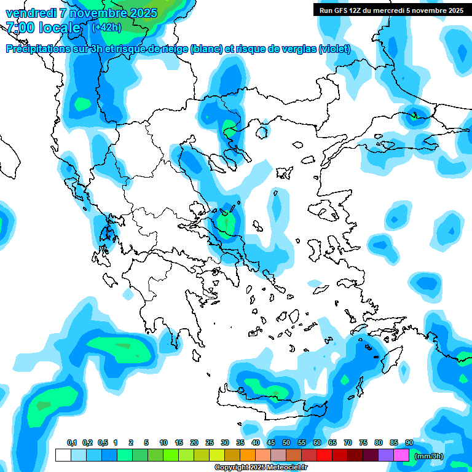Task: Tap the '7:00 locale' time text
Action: pyautogui.click(x=43, y=28)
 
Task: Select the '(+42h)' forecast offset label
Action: pyautogui.click(x=106, y=28)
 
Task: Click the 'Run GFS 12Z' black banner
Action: pyautogui.click(x=388, y=10)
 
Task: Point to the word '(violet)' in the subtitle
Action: pyautogui.click(x=334, y=49)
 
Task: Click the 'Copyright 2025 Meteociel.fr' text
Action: pyautogui.click(x=261, y=468)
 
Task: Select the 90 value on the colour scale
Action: pyautogui.click(x=409, y=443)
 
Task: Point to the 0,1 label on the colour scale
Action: pyautogui.click(x=72, y=443)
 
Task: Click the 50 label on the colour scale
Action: pyautogui.click(x=286, y=443)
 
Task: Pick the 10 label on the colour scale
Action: pyautogui.click(x=163, y=443)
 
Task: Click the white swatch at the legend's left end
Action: pyautogui.click(x=63, y=455)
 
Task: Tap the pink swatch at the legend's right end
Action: pyautogui.click(x=401, y=455)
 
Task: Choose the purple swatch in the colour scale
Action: pyautogui.click(x=386, y=455)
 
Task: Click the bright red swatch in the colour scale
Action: pyautogui.click(x=324, y=455)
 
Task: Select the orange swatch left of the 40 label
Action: pyautogui.click(x=248, y=455)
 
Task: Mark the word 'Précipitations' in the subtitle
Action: pyautogui.click(x=37, y=49)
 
